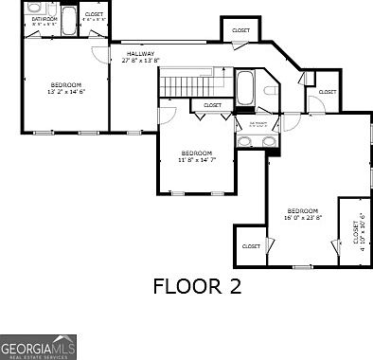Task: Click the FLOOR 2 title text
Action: tap(197, 286)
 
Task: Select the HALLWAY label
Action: tap(141, 54)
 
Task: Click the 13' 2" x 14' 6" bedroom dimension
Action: tap(66, 92)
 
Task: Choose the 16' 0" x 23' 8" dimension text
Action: tap(303, 217)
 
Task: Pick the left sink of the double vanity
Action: tap(244, 142)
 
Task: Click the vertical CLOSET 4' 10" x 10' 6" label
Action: tap(359, 235)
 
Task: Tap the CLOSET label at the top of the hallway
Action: tap(241, 31)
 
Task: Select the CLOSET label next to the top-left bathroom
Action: tap(94, 14)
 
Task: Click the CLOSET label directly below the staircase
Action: tap(213, 105)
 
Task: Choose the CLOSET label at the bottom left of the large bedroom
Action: tap(251, 245)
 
